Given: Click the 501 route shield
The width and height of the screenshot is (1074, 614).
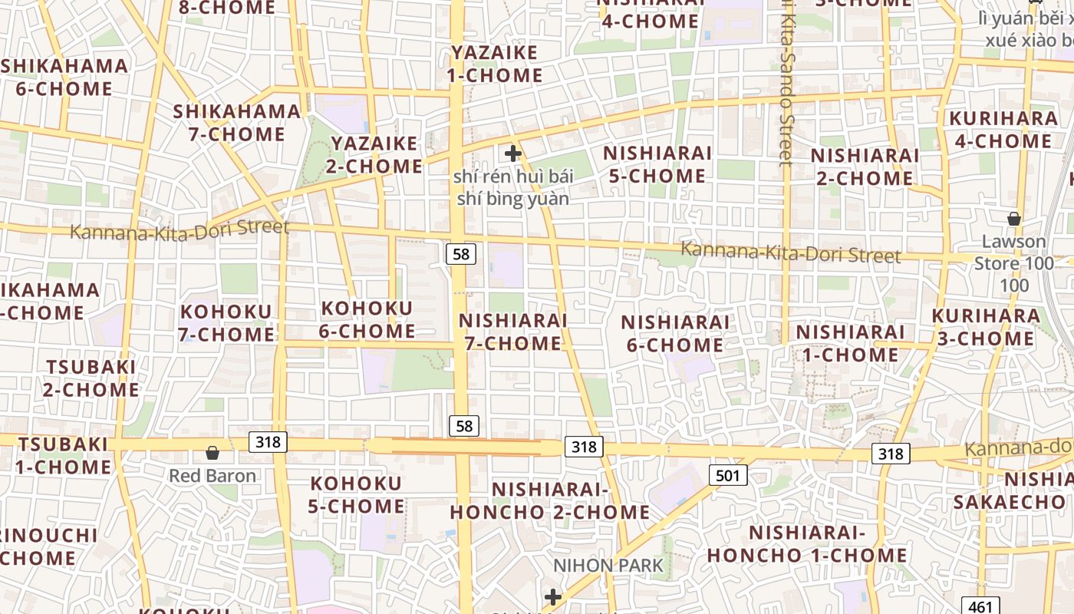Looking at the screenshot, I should (x=726, y=476).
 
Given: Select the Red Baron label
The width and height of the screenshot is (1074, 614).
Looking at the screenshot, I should (x=212, y=476).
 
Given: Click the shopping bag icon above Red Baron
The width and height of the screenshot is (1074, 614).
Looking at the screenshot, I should (x=212, y=454).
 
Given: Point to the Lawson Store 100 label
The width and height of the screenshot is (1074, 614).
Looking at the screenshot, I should (x=1014, y=263).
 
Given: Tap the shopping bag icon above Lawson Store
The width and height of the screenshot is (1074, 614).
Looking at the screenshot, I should (x=1014, y=219).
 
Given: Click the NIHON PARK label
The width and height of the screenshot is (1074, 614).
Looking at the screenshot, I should (x=608, y=566).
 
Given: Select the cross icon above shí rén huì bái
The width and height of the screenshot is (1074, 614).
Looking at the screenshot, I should (x=513, y=153).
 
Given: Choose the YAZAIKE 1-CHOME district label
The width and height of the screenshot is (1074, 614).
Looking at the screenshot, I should (x=495, y=64).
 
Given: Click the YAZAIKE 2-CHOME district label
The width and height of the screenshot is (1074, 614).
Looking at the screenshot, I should (x=377, y=154).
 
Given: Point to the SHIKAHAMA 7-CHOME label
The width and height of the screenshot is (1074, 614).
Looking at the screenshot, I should (x=237, y=123).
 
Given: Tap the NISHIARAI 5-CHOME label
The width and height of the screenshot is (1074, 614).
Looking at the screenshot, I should (x=657, y=164).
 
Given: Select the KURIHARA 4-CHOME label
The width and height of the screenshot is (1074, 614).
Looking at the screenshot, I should (x=1003, y=130).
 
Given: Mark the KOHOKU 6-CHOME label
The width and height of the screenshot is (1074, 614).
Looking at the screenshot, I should (x=367, y=319).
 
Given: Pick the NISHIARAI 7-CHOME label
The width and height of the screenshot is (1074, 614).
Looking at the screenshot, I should (x=513, y=332).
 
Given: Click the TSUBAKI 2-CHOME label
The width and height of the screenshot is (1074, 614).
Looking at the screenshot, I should (x=91, y=378).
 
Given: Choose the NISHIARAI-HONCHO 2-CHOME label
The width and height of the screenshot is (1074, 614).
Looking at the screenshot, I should (x=550, y=500).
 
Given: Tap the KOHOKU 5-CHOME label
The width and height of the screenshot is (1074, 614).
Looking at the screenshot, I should (x=356, y=495).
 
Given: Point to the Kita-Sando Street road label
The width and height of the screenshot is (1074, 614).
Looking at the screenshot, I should (x=785, y=84).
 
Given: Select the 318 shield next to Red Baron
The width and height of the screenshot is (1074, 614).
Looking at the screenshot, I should (x=268, y=442).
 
